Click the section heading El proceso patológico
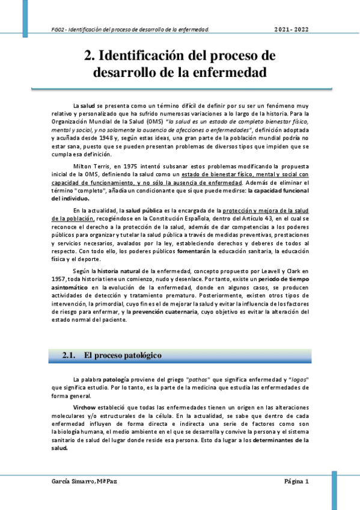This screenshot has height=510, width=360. pos(123,355)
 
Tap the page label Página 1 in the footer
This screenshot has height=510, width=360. pos(296,482)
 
